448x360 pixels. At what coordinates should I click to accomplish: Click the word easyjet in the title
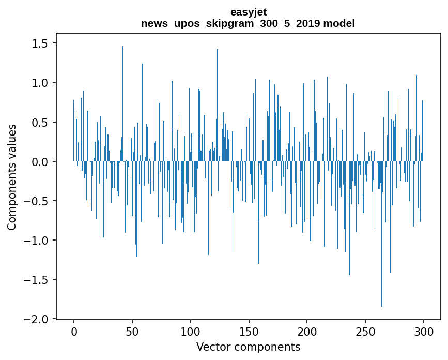[x=248, y=12]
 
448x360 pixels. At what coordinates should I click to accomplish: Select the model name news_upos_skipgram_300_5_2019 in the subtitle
[x=230, y=23]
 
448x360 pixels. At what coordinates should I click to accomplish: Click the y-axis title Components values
[x=12, y=177]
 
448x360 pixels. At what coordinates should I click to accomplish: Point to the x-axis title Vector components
[x=248, y=347]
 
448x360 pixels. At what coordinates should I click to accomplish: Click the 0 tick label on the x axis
[x=74, y=331]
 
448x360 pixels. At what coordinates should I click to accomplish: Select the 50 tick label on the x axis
[x=132, y=331]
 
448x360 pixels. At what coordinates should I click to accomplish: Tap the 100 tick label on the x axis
[x=191, y=331]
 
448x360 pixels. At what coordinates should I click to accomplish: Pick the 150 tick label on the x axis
[x=249, y=331]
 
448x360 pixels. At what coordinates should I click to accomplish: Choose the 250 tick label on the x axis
[x=365, y=331]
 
